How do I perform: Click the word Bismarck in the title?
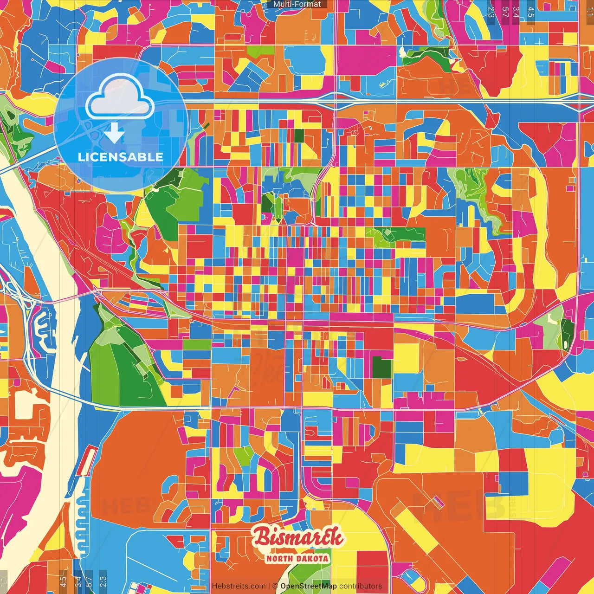[298, 537]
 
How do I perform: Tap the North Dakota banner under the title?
[297, 558]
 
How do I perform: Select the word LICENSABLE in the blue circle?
[121, 157]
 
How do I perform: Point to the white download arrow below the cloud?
[114, 133]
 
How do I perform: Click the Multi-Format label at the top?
[297, 4]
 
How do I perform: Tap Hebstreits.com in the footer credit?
[239, 586]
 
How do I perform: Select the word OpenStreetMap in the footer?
[308, 586]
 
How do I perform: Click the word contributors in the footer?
[361, 586]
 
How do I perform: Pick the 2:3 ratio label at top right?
[491, 12]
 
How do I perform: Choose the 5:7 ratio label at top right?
[505, 12]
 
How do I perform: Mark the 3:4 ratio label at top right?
[516, 12]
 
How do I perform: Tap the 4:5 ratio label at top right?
[531, 12]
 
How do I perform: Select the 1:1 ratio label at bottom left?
[4, 581]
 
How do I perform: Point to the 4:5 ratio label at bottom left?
[63, 581]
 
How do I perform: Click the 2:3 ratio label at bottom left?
[103, 581]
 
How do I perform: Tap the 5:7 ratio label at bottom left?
[89, 581]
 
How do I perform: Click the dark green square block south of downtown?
[382, 367]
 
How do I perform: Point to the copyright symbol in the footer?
[275, 586]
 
